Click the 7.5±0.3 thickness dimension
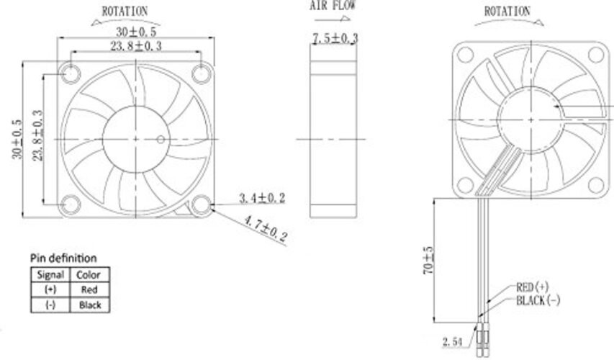335,38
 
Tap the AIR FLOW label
333,6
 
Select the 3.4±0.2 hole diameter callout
262,198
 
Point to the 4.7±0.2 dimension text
266,228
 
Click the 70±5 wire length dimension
429,260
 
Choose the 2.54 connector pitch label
453,342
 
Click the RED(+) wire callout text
533,287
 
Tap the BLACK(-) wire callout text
538,300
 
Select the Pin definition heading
63,258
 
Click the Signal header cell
50,274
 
